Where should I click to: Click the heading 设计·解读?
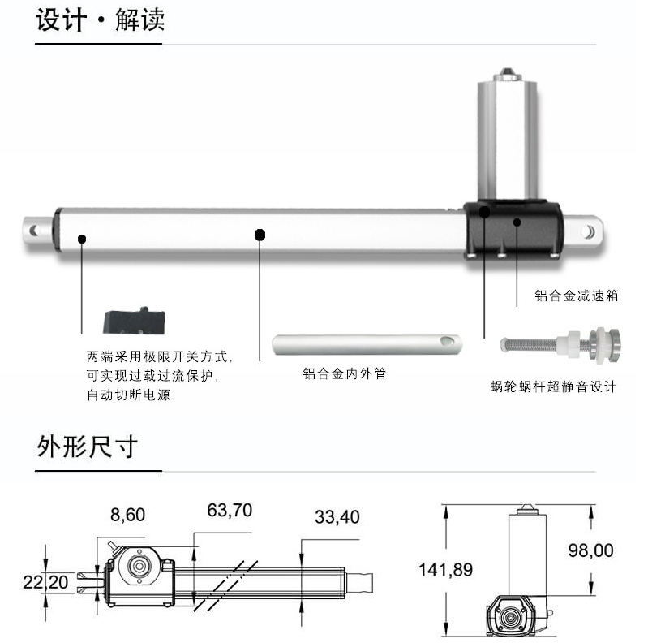(x=101, y=19)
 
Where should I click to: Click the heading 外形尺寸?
(x=87, y=447)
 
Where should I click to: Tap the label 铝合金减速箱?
(x=577, y=296)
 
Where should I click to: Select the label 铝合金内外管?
(x=344, y=373)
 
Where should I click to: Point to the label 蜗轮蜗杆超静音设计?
(x=553, y=386)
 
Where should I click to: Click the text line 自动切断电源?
(x=128, y=395)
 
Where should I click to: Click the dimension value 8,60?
(x=127, y=515)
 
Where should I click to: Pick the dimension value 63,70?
(x=230, y=510)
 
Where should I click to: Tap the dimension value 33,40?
(x=337, y=517)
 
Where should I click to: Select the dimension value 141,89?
(x=445, y=569)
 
